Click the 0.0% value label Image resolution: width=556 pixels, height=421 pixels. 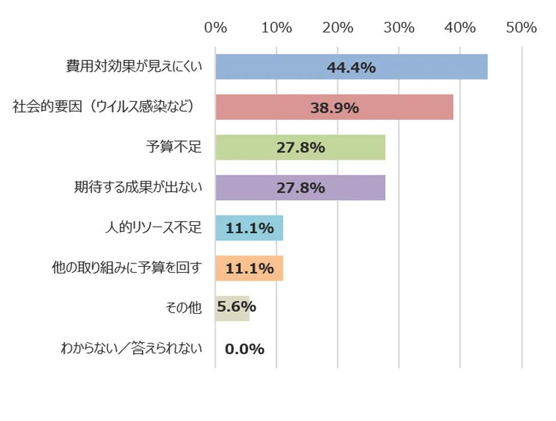[244, 349]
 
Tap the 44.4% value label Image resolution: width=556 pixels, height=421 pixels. [351, 68]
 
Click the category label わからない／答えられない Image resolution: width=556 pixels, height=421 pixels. [131, 348]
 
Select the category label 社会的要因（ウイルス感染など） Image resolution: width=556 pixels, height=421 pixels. [107, 107]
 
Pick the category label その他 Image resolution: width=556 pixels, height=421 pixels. [182, 308]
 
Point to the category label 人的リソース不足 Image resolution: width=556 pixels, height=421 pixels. [152, 228]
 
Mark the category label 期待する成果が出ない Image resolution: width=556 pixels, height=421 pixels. [137, 187]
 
